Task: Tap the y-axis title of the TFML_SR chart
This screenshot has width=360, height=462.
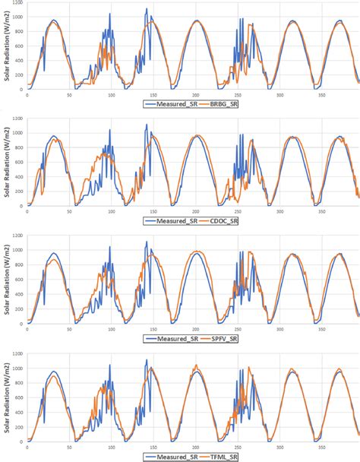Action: point(5,403)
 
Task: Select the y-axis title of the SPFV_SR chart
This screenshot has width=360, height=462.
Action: point(5,286)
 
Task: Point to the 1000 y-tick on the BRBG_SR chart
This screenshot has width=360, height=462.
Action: point(17,17)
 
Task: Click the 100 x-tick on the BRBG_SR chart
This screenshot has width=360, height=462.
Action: point(112,94)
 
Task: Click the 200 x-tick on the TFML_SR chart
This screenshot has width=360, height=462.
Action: point(196,448)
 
